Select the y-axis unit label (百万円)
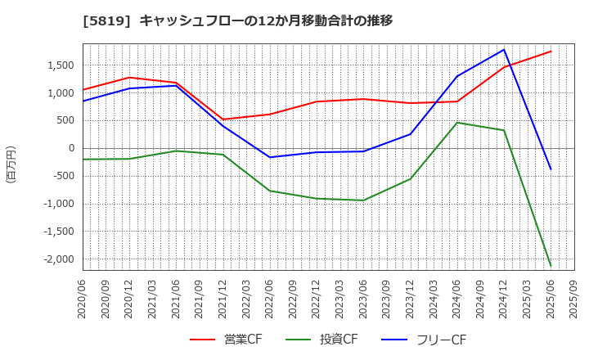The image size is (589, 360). pos(11,164)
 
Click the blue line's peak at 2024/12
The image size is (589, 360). pos(504,49)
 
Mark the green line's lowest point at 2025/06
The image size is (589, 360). pos(551,266)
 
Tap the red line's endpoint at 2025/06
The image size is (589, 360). pos(551,52)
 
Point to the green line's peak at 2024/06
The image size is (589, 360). pos(457,123)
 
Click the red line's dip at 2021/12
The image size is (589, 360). pos(223,119)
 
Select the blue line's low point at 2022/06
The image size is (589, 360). pos(270,157)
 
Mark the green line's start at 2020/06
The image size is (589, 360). pos(83,160)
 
